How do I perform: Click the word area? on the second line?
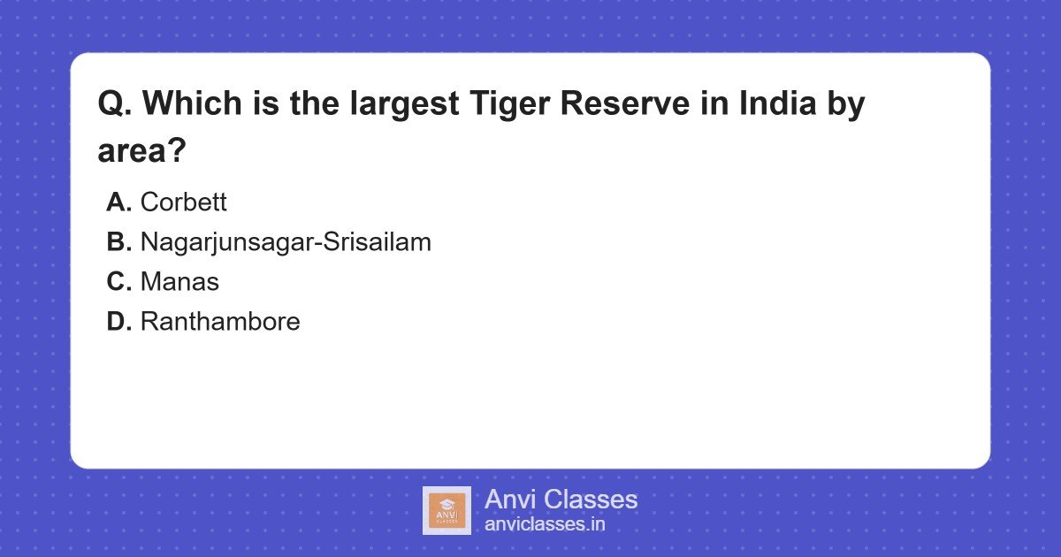(x=141, y=150)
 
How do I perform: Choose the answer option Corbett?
(x=183, y=202)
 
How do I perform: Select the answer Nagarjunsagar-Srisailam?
(x=286, y=242)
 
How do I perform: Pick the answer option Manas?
(x=179, y=282)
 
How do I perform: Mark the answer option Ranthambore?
(x=220, y=322)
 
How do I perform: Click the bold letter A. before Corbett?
(x=119, y=202)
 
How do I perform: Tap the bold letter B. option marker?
(x=119, y=242)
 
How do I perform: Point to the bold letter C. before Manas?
(x=119, y=282)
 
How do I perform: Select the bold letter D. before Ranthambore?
(x=119, y=322)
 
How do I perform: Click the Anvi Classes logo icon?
(x=447, y=510)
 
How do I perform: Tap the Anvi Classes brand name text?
(x=561, y=500)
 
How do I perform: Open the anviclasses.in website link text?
(x=545, y=524)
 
